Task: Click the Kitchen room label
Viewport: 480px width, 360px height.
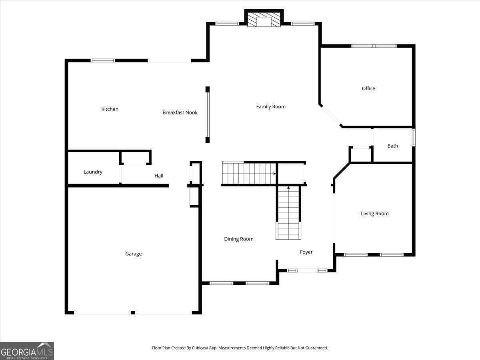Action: pyautogui.click(x=110, y=109)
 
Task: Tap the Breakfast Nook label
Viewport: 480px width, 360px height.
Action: pyautogui.click(x=180, y=113)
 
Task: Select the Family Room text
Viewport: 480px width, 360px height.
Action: pyautogui.click(x=271, y=107)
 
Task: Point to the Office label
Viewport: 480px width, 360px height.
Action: pyautogui.click(x=368, y=89)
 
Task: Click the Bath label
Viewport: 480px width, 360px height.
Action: pyautogui.click(x=393, y=146)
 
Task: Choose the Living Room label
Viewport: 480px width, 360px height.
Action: pyautogui.click(x=375, y=214)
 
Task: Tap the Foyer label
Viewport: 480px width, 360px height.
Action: pyautogui.click(x=306, y=252)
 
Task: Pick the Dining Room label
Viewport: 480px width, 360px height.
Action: pyautogui.click(x=239, y=239)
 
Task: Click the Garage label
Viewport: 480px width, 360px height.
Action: pyautogui.click(x=133, y=254)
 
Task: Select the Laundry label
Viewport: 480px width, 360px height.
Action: pyautogui.click(x=93, y=172)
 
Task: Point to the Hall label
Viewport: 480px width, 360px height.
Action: pyautogui.click(x=159, y=176)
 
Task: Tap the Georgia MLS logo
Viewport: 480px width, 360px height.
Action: pyautogui.click(x=27, y=351)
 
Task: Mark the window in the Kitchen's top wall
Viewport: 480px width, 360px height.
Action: pyautogui.click(x=103, y=60)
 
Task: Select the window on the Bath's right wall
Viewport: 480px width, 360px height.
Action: pyautogui.click(x=414, y=137)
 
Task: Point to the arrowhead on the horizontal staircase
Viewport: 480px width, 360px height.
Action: pyautogui.click(x=275, y=174)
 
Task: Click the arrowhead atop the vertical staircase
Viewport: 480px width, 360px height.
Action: pyautogui.click(x=288, y=187)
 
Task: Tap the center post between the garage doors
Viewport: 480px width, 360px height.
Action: pyautogui.click(x=133, y=312)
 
